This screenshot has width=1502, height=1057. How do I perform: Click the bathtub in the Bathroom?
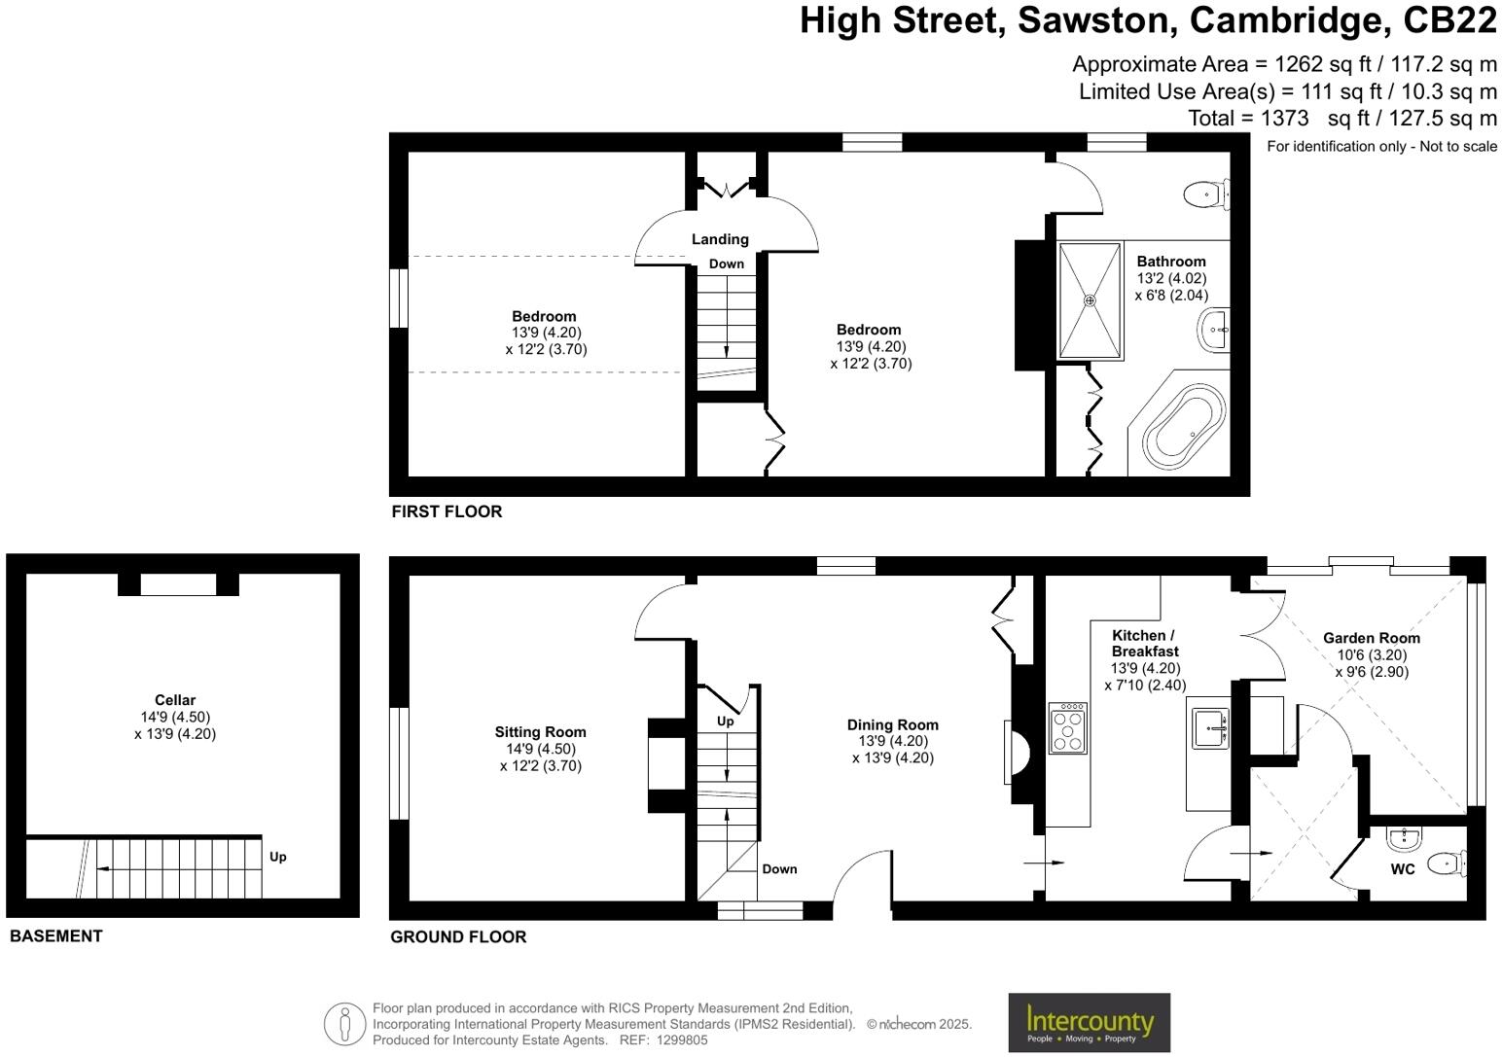tap(1183, 426)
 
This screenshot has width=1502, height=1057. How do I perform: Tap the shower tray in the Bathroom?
tap(1090, 300)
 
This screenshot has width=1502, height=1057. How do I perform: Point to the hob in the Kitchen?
tap(1068, 727)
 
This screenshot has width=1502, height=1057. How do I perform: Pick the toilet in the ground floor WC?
tap(1448, 863)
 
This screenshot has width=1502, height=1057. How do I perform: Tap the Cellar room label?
tap(175, 700)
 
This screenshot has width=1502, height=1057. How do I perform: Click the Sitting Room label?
tap(540, 732)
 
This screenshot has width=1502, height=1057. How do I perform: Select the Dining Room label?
tap(892, 724)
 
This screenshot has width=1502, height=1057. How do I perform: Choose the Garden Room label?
tap(1371, 638)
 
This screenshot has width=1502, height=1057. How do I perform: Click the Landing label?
tap(720, 239)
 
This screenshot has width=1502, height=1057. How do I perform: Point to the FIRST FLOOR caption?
tap(447, 511)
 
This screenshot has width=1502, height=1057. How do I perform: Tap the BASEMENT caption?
tap(55, 935)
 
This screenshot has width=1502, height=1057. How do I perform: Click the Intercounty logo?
tap(1089, 1022)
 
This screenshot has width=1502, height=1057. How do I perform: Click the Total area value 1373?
tap(1284, 119)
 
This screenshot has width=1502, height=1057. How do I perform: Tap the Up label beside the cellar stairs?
tap(277, 857)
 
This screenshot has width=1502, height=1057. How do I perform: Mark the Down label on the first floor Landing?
tap(726, 264)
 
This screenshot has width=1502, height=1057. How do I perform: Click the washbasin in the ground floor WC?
tap(1404, 837)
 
